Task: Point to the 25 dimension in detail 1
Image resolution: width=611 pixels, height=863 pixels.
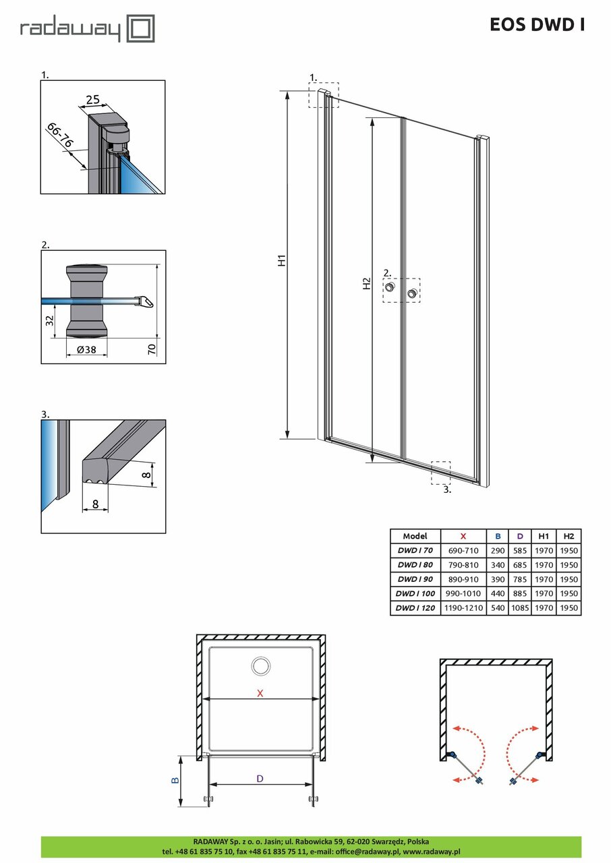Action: pyautogui.click(x=92, y=100)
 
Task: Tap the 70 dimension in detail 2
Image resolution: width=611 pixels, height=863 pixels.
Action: pyautogui.click(x=152, y=348)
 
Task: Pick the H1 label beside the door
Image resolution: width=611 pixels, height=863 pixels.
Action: pyautogui.click(x=283, y=260)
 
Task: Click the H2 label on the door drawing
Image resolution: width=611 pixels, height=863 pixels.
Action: pyautogui.click(x=366, y=284)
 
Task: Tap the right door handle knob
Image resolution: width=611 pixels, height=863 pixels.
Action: pyautogui.click(x=412, y=293)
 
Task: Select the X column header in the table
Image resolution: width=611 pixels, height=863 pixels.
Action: pyautogui.click(x=463, y=536)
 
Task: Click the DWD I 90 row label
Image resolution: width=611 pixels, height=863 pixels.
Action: pyautogui.click(x=415, y=579)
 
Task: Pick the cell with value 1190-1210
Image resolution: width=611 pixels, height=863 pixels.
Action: pyautogui.click(x=463, y=608)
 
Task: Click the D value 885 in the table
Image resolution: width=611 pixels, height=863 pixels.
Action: pyautogui.click(x=519, y=594)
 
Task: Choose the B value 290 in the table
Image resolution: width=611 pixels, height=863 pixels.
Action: pyautogui.click(x=498, y=551)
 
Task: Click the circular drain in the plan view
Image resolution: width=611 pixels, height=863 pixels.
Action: pyautogui.click(x=260, y=667)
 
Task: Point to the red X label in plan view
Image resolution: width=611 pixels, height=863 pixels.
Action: pyautogui.click(x=260, y=693)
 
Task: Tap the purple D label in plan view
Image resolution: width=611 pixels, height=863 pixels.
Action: pyautogui.click(x=260, y=778)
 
